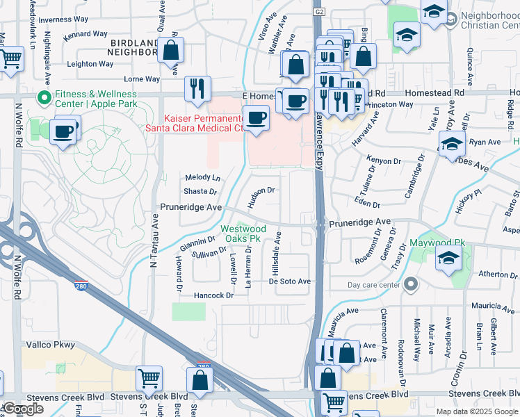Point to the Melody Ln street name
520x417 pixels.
click(202, 178)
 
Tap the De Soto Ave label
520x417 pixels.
click(289, 281)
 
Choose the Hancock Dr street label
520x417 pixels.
click(213, 295)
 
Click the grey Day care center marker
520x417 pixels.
click(410, 284)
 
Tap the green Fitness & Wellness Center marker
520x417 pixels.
click(45, 97)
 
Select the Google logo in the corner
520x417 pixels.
click(23, 409)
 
